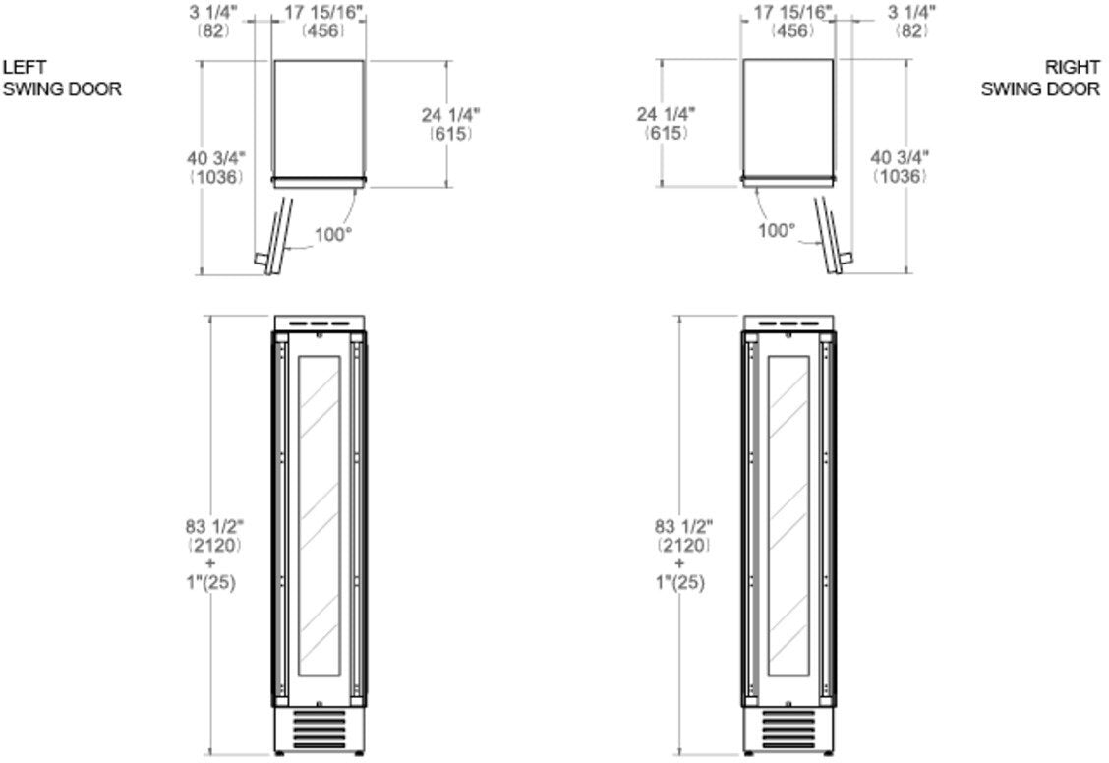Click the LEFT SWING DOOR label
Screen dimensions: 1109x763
click(x=62, y=78)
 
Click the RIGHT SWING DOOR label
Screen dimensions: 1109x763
click(x=1040, y=78)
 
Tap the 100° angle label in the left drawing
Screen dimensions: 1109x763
click(x=333, y=235)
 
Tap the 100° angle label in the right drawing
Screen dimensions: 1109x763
click(x=777, y=230)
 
